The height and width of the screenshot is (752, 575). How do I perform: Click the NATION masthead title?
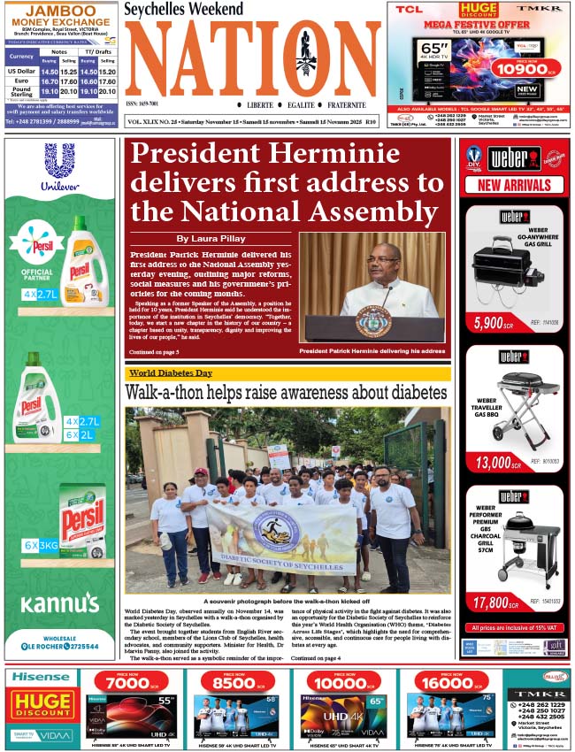click(253, 59)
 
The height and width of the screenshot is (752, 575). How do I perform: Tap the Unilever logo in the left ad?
click(59, 168)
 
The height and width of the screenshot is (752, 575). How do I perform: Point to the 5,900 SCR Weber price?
click(493, 324)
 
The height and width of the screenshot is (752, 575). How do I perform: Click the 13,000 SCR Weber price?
click(493, 461)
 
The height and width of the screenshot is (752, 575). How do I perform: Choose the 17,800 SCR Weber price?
click(493, 602)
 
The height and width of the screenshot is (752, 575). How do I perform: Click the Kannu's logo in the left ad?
click(59, 603)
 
